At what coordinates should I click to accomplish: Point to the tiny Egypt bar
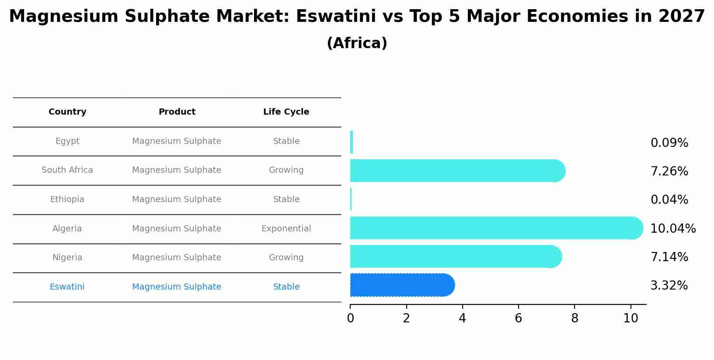point(352,142)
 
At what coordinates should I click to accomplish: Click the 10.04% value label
point(672,228)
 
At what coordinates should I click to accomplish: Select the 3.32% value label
point(669,286)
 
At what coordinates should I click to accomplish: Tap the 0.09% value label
point(669,143)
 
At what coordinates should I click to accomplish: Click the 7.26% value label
point(669,171)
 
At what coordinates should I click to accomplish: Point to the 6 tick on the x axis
point(519,318)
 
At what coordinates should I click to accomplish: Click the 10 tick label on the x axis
point(630,318)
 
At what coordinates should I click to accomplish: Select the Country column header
point(67,112)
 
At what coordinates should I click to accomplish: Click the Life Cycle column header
point(286,112)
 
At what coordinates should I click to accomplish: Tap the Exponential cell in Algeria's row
point(286,229)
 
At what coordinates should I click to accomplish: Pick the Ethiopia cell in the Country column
point(67,199)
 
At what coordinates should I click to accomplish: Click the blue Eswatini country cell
point(67,287)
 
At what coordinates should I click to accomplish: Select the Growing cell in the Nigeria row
point(286,258)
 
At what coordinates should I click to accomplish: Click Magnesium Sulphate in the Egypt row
point(177,141)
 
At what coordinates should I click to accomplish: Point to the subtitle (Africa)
point(357,43)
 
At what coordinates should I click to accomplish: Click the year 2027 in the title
point(681,17)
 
